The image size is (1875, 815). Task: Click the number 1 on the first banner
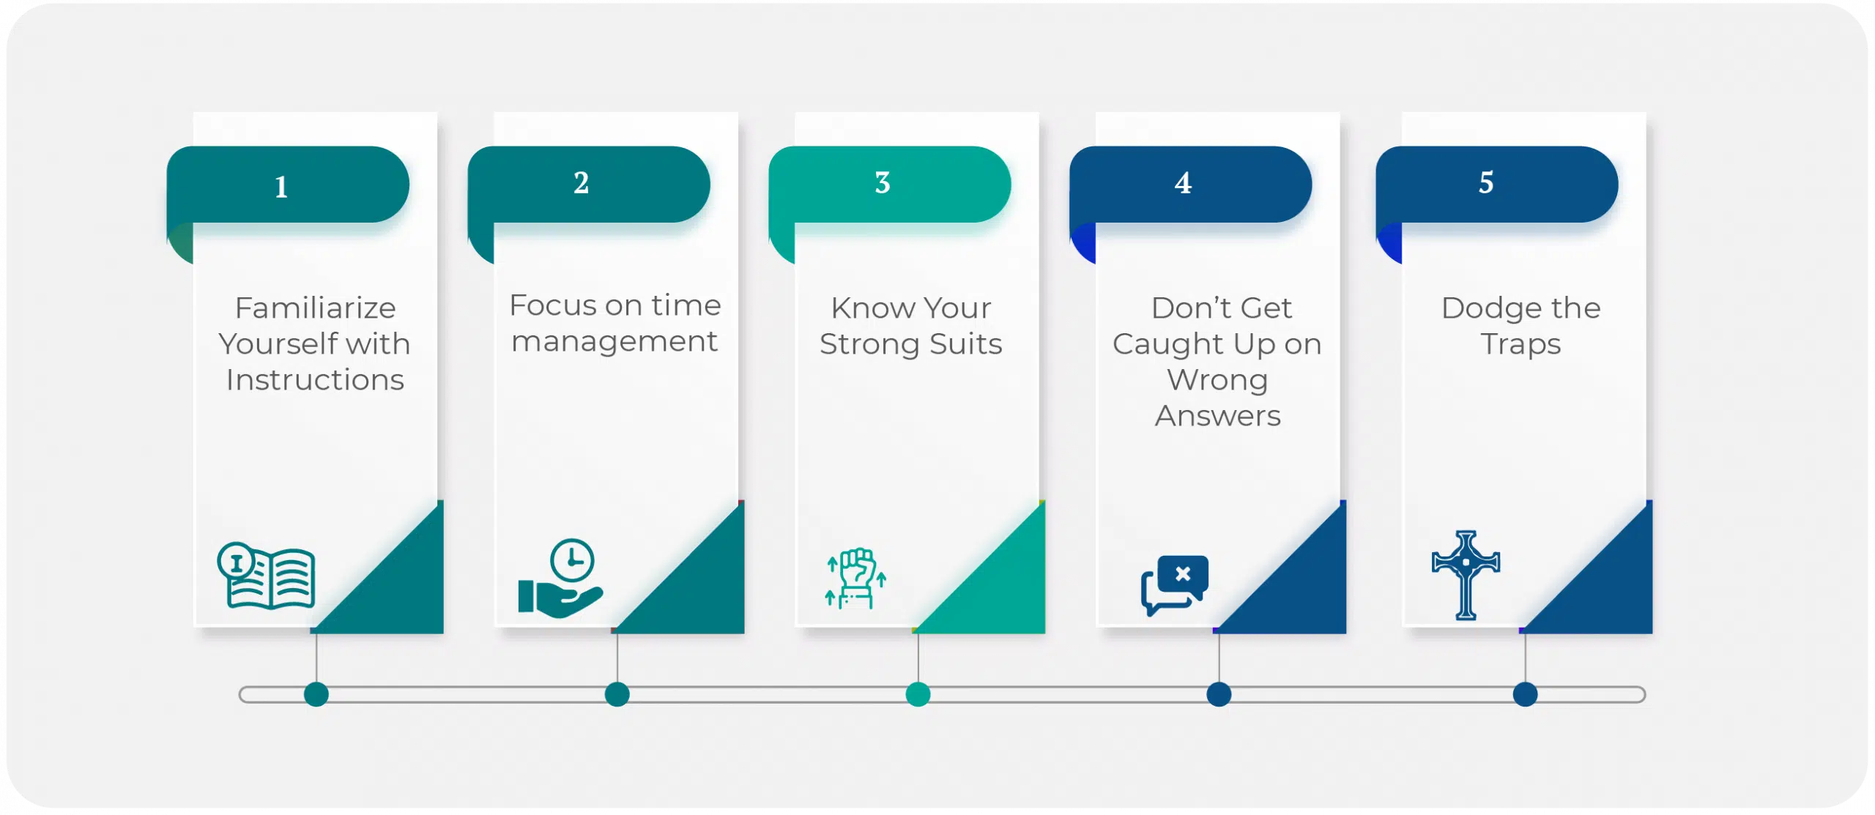point(281,187)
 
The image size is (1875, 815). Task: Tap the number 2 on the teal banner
point(581,182)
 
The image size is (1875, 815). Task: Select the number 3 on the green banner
point(883,182)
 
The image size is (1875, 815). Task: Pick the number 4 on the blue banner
point(1183,182)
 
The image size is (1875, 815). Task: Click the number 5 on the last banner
point(1486,182)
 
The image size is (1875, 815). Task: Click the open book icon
point(267,576)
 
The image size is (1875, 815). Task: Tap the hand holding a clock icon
point(560,578)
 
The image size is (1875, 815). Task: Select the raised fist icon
point(855,578)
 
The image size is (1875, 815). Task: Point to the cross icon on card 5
point(1466,576)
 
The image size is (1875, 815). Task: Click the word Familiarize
point(316,308)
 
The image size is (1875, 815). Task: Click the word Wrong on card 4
point(1217,381)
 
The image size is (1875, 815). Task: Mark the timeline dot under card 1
point(316,694)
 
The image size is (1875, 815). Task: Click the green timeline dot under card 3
point(918,694)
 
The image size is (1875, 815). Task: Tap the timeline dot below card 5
point(1526,694)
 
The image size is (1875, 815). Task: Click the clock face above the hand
point(572,560)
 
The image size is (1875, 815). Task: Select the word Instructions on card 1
point(315,380)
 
